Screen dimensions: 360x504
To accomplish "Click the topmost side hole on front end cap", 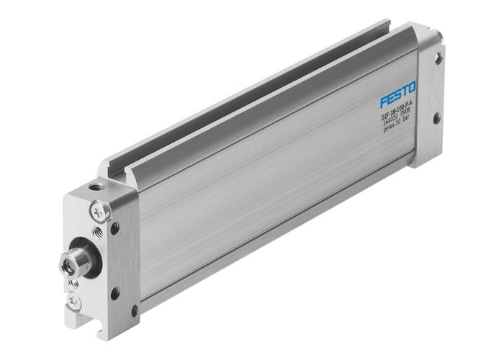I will point(114,228).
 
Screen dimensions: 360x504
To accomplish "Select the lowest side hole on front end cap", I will point(134,311).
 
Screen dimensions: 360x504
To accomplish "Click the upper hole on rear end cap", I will point(438,58).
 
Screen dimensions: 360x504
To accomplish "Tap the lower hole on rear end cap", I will point(436,117).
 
